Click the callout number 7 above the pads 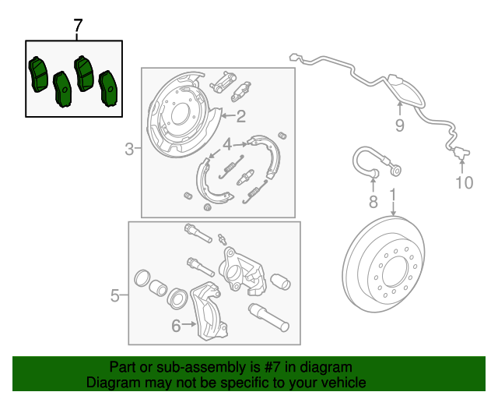[78, 26]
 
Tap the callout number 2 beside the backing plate [241, 116]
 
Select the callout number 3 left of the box [129, 149]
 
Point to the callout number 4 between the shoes [227, 144]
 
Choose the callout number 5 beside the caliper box [115, 295]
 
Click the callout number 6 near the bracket [176, 326]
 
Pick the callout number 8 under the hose [373, 202]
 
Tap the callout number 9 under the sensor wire [399, 125]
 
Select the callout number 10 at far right [464, 182]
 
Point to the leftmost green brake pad [38, 75]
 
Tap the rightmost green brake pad [109, 88]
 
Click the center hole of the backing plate [180, 115]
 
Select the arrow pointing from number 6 [189, 324]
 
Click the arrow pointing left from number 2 [228, 116]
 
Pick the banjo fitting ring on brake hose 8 [396, 171]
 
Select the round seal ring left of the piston [142, 278]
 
